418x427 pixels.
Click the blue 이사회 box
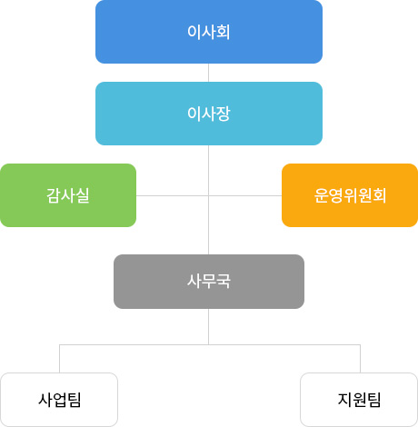tap(209, 32)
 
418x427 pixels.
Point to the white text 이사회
tap(209, 32)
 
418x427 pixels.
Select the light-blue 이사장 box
tap(209, 114)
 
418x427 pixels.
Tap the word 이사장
tap(209, 114)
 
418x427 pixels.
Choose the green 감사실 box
tap(68, 195)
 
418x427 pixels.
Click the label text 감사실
tap(68, 195)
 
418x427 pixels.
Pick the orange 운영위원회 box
tap(350, 195)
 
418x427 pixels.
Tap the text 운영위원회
tap(350, 195)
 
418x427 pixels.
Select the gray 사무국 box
tap(209, 282)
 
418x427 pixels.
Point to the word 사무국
tap(209, 282)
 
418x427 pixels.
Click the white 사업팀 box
tap(59, 400)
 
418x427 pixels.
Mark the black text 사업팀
tap(60, 400)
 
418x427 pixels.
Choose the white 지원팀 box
tap(359, 400)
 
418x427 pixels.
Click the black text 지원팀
tap(359, 400)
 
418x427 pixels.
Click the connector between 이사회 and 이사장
tap(208, 73)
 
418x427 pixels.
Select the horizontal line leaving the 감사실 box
tap(173, 195)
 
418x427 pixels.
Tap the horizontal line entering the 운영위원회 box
tap(245, 195)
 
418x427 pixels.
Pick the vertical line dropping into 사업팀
tap(59, 359)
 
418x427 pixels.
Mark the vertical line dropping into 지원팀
tap(360, 359)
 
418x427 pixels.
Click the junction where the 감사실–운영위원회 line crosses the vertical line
tap(208, 195)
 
